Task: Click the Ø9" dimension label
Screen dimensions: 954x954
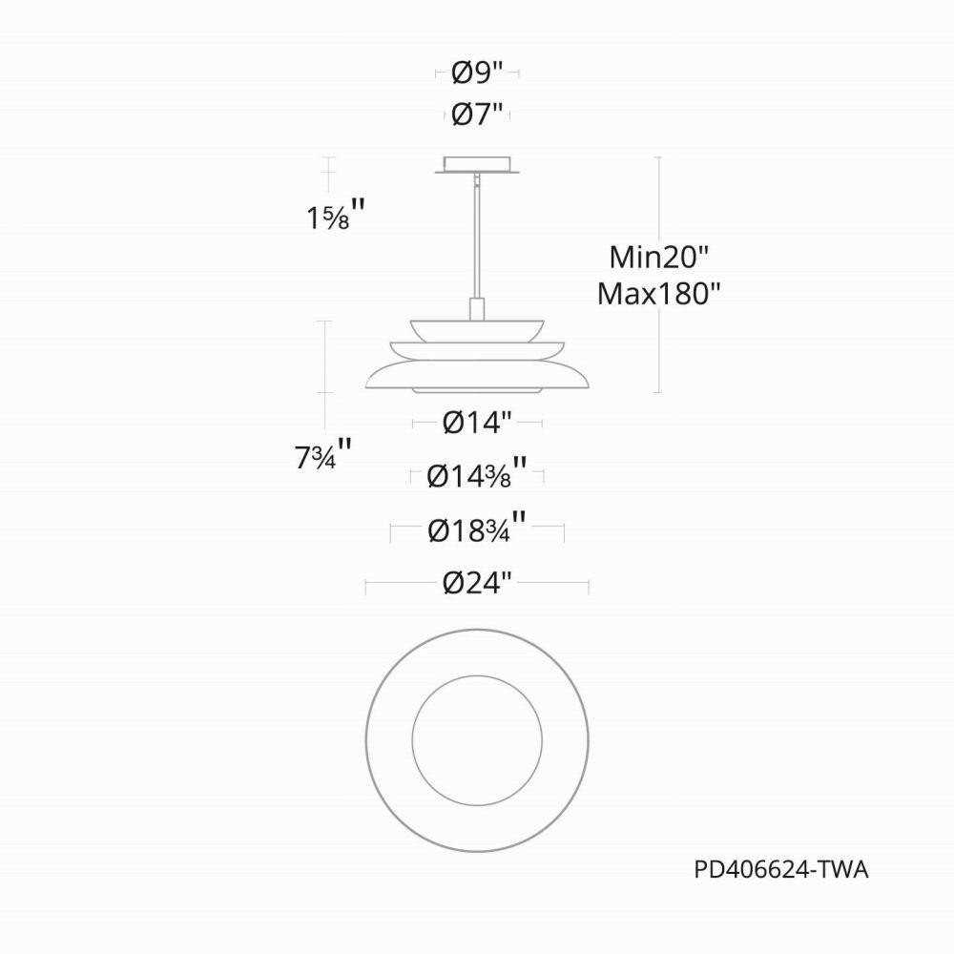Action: tap(478, 73)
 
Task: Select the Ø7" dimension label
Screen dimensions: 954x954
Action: tap(478, 114)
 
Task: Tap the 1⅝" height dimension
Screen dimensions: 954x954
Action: tap(336, 216)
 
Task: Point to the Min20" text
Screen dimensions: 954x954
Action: tap(660, 257)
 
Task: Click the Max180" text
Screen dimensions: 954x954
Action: tap(659, 295)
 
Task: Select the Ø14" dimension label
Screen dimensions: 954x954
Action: tap(478, 423)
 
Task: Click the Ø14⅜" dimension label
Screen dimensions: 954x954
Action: tap(477, 473)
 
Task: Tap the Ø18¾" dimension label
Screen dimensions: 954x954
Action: tap(477, 529)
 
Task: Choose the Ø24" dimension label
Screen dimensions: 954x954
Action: tap(478, 584)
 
